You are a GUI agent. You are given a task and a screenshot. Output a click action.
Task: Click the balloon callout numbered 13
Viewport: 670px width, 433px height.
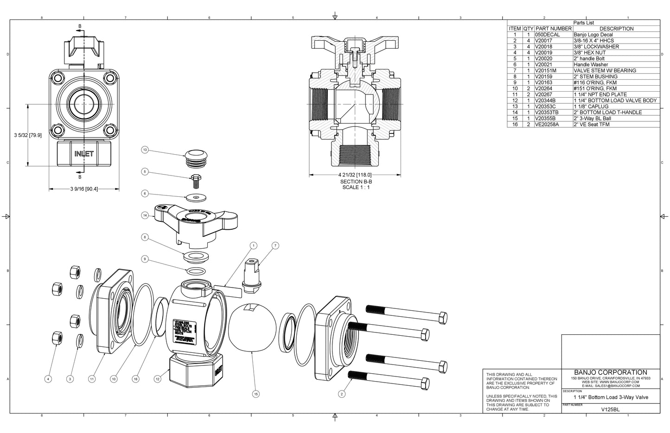coord(145,150)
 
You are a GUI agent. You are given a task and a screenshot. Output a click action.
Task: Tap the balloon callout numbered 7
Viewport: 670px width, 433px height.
coord(275,245)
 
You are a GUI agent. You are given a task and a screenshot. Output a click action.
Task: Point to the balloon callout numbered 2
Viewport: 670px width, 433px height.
coord(342,394)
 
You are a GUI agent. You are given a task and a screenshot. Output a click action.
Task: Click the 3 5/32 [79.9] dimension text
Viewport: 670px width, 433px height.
coord(28,135)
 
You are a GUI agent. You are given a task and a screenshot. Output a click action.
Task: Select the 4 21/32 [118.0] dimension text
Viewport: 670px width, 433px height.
coord(356,175)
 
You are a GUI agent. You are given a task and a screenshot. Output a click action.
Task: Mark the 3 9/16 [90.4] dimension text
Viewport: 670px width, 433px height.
coord(84,189)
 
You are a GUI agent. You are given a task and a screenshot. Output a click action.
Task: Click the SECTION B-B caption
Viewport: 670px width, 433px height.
coord(356,182)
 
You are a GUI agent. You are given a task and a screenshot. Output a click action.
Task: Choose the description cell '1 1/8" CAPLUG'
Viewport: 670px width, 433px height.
coord(591,107)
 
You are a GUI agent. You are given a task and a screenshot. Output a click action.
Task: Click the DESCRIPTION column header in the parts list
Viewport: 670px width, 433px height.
coord(616,28)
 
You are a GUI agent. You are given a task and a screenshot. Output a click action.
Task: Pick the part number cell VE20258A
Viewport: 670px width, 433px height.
coord(547,124)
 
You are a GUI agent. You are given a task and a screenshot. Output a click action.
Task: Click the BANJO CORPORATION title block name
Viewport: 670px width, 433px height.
coord(610,372)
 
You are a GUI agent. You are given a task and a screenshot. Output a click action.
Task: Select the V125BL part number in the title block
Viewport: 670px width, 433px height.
coord(610,409)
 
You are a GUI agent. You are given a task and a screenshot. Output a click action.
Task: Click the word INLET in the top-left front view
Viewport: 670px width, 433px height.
coord(84,153)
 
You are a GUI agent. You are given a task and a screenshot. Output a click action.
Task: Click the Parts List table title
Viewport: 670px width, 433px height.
coord(583,22)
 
